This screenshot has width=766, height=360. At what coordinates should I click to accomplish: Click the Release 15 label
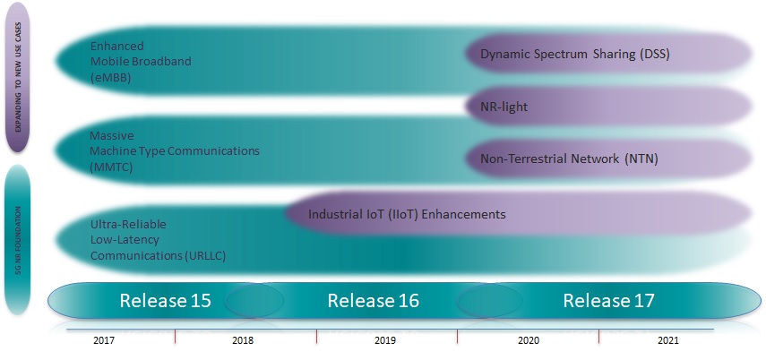pyautogui.click(x=166, y=301)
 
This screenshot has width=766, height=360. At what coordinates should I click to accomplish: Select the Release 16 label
pyautogui.click(x=373, y=301)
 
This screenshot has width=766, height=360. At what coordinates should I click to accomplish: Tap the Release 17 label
pyautogui.click(x=608, y=301)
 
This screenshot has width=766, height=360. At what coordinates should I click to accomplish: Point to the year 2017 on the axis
pyautogui.click(x=105, y=342)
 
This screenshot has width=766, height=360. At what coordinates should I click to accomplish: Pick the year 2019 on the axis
pyautogui.click(x=386, y=342)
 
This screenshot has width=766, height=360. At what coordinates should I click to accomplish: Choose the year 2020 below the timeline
pyautogui.click(x=529, y=342)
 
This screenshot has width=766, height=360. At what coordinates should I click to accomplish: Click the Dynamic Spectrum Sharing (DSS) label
pyautogui.click(x=575, y=55)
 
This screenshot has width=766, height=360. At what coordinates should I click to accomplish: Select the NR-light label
pyautogui.click(x=503, y=107)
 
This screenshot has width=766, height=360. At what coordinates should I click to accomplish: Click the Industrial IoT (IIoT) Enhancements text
pyautogui.click(x=407, y=215)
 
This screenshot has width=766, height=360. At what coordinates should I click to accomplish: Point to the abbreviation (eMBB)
pyautogui.click(x=110, y=78)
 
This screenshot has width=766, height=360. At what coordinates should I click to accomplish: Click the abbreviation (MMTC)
pyautogui.click(x=111, y=166)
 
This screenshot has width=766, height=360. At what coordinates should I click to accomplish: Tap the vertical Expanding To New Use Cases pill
pyautogui.click(x=19, y=78)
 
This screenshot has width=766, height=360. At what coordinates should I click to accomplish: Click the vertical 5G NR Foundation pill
pyautogui.click(x=19, y=239)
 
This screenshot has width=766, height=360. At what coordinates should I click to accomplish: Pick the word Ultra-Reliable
pyautogui.click(x=127, y=223)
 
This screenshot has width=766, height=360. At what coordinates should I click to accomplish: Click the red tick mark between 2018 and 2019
pyautogui.click(x=316, y=336)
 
